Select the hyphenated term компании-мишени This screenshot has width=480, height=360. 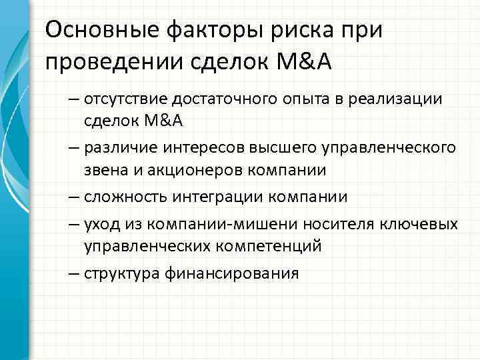click(211, 223)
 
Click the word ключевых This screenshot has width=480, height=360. click(425, 223)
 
